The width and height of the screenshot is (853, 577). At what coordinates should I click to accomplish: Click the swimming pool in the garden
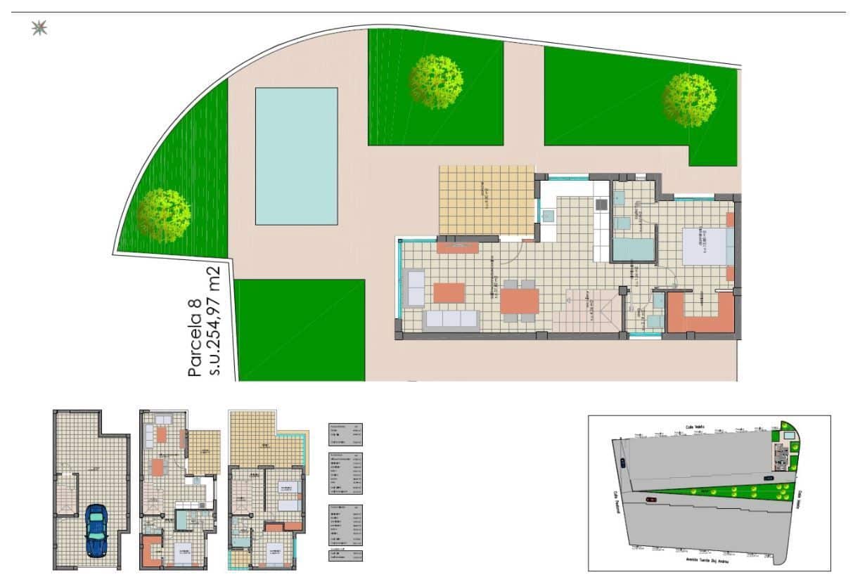point(296,155)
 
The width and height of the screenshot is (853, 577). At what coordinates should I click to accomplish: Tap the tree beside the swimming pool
point(164,215)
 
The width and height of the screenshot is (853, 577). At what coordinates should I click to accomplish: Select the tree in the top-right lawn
point(689,100)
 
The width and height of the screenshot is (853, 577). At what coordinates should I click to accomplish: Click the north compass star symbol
point(39,28)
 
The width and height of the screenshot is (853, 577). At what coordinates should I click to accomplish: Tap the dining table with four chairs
point(519,301)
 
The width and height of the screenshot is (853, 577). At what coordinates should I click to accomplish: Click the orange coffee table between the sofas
point(449,292)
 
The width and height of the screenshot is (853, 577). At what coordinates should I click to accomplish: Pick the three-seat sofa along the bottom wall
point(451,320)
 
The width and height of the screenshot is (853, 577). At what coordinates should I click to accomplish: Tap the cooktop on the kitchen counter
point(601,205)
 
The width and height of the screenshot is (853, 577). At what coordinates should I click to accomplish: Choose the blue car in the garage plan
point(95,531)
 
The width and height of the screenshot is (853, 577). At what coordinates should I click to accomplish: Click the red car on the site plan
point(651,499)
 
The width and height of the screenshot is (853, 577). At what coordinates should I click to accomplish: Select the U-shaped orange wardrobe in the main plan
point(700,316)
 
